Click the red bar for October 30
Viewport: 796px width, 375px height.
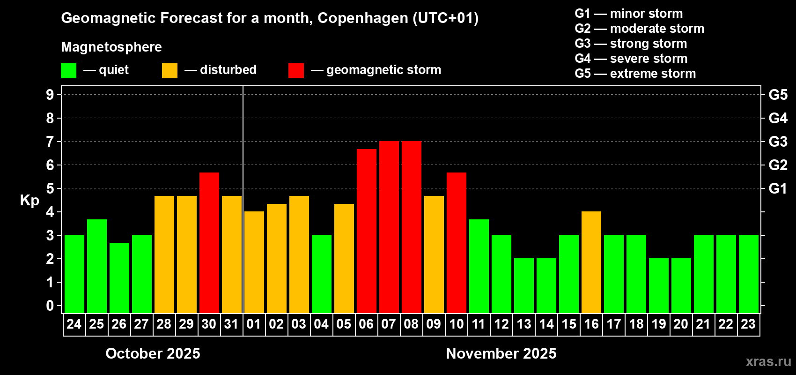click(209, 243)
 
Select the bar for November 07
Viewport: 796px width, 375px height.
click(389, 227)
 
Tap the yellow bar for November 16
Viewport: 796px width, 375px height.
click(591, 262)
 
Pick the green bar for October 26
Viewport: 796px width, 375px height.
click(119, 278)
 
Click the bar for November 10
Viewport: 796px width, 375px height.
click(457, 243)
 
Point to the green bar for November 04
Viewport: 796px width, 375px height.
click(322, 274)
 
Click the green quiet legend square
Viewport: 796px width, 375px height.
click(69, 71)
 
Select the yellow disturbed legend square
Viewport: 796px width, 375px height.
click(170, 71)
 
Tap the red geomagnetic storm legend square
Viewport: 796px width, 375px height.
click(296, 71)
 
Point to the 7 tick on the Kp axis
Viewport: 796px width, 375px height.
click(50, 142)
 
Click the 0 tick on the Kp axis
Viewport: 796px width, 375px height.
click(50, 306)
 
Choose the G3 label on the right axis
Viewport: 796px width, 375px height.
click(778, 142)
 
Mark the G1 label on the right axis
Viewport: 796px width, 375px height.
click(778, 188)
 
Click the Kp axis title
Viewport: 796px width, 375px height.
click(29, 200)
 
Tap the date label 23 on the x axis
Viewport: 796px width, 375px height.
click(748, 324)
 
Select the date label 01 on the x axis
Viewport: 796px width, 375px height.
click(254, 324)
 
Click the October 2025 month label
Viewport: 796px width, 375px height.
click(153, 353)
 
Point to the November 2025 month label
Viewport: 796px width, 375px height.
click(501, 353)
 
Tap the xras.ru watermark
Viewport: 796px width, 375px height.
click(768, 361)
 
